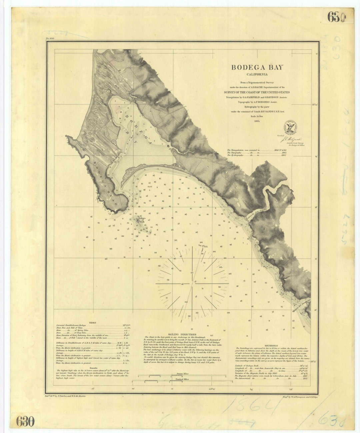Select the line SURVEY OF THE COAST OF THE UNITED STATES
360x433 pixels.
(257, 92)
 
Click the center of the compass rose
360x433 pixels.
(192, 284)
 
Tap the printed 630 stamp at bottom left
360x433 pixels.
(25, 422)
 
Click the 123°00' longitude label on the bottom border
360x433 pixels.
(212, 389)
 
